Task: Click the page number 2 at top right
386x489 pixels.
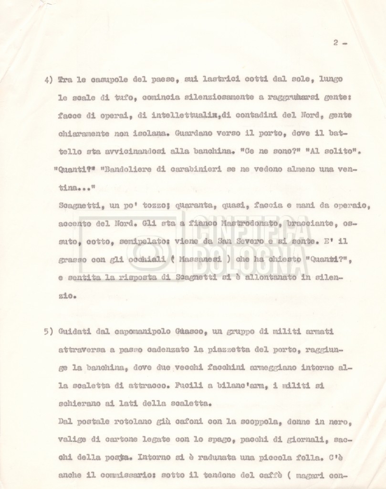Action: (x=336, y=43)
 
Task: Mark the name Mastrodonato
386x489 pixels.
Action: (x=249, y=223)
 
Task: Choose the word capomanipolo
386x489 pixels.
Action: (x=123, y=331)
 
